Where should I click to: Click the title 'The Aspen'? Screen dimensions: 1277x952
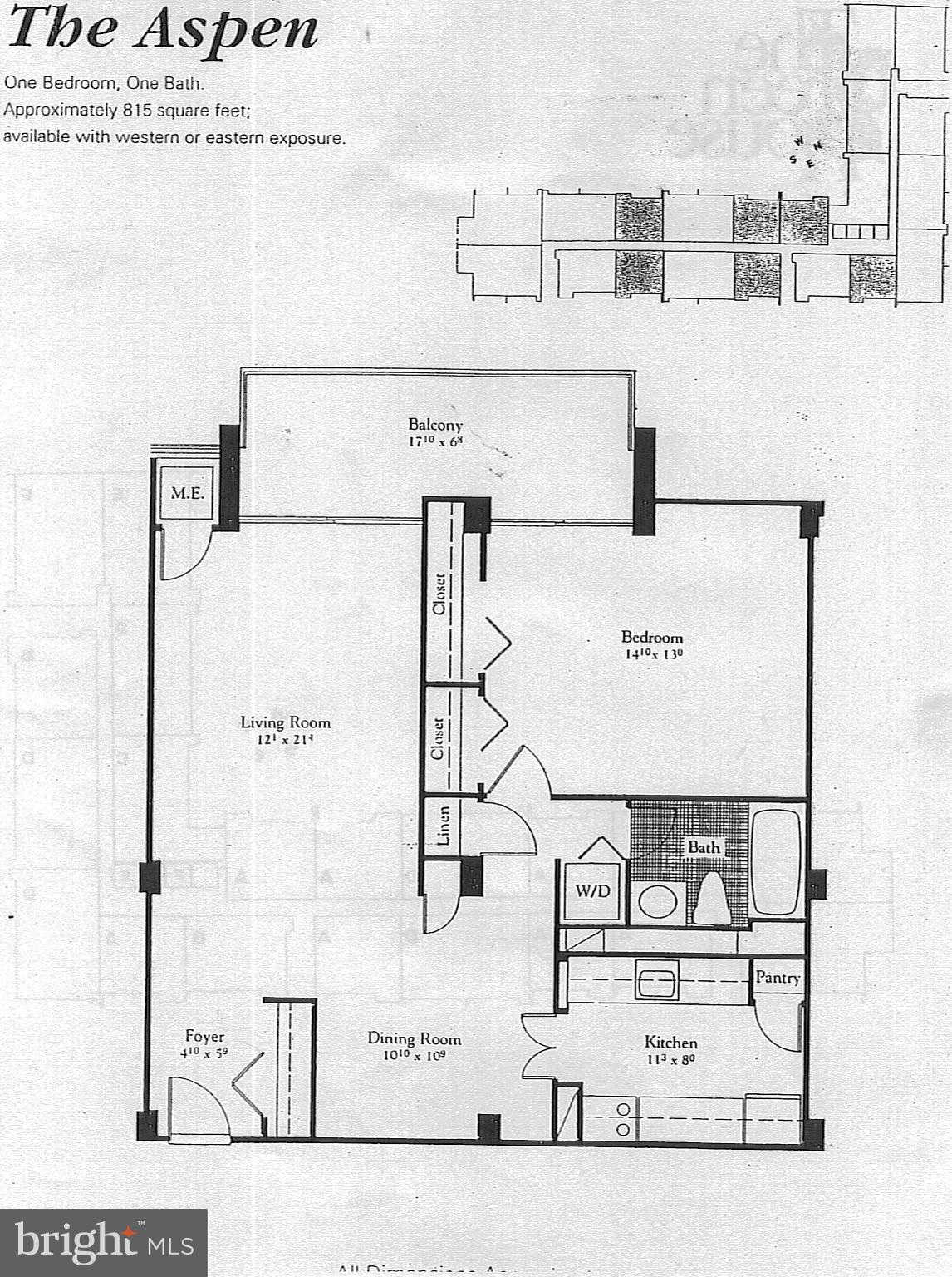[163, 29]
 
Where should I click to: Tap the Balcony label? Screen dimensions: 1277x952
[434, 425]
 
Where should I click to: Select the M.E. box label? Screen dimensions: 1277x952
[187, 493]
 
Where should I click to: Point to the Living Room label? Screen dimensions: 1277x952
[285, 722]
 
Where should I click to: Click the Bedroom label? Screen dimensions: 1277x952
[651, 638]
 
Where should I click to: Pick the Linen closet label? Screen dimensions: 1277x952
[443, 826]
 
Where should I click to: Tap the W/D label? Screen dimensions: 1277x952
[592, 891]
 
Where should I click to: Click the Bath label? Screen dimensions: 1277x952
[703, 847]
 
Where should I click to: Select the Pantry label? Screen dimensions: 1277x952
[777, 978]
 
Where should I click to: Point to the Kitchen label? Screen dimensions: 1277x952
[670, 1043]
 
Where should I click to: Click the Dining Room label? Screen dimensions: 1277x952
[414, 1038]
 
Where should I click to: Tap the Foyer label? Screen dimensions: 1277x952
[204, 1037]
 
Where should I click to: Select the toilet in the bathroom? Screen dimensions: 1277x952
[709, 898]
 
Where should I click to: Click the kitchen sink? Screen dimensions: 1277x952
[656, 979]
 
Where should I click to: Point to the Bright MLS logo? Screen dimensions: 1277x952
[103, 1243]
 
